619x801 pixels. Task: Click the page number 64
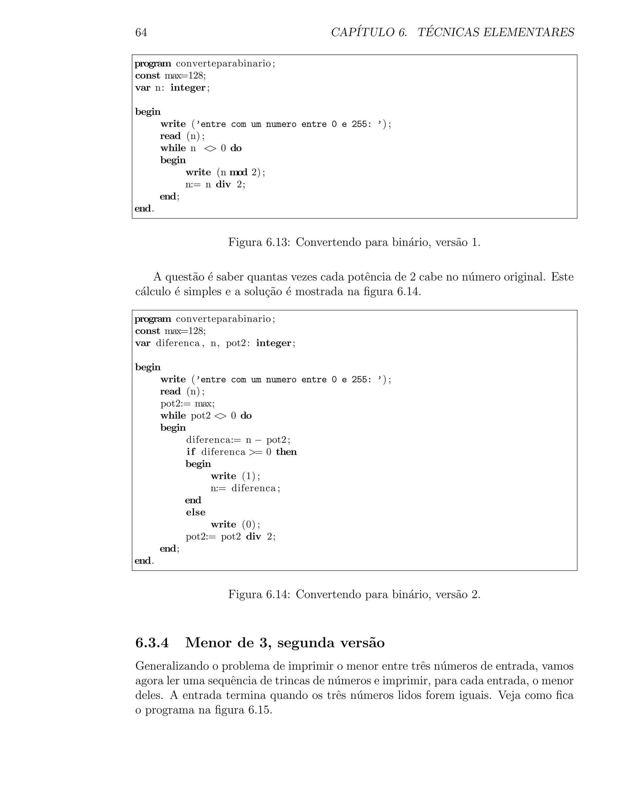(x=141, y=33)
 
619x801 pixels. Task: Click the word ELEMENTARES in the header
(x=528, y=33)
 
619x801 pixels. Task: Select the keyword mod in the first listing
(x=238, y=172)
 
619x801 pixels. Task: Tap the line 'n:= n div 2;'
(x=215, y=184)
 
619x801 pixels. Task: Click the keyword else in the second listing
(x=196, y=512)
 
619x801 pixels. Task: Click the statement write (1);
(x=235, y=476)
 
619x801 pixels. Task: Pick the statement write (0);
(x=235, y=524)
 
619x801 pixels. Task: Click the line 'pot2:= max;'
(x=187, y=404)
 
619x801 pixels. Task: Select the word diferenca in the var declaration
(x=177, y=343)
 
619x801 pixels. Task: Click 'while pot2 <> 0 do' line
(x=206, y=416)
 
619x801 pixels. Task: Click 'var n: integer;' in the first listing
(x=172, y=88)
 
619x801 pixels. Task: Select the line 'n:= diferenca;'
(x=245, y=488)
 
